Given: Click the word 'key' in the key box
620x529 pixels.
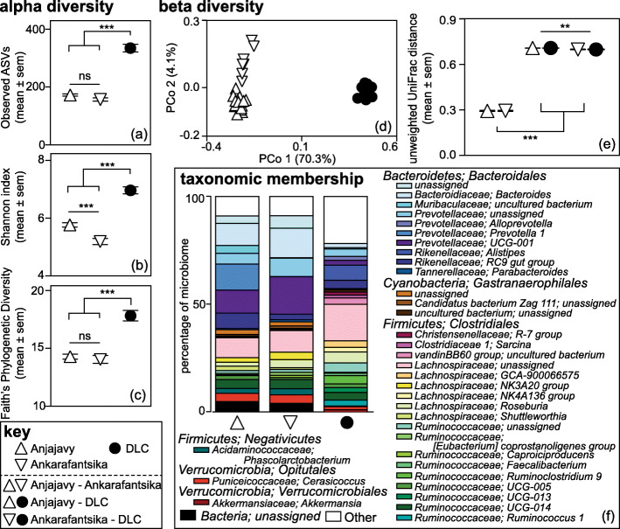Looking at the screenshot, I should (x=22, y=433).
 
